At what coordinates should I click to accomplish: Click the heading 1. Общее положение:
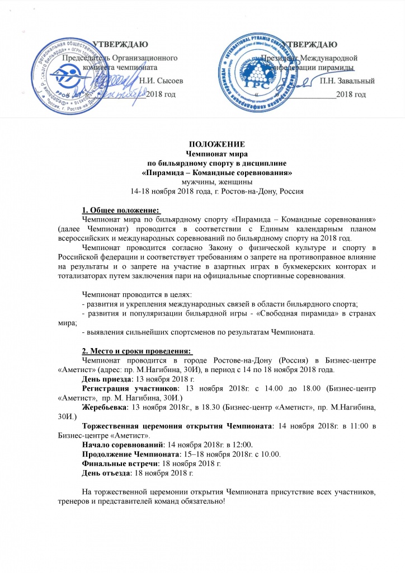tap(120, 210)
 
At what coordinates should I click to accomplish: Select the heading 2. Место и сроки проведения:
tap(136, 350)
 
